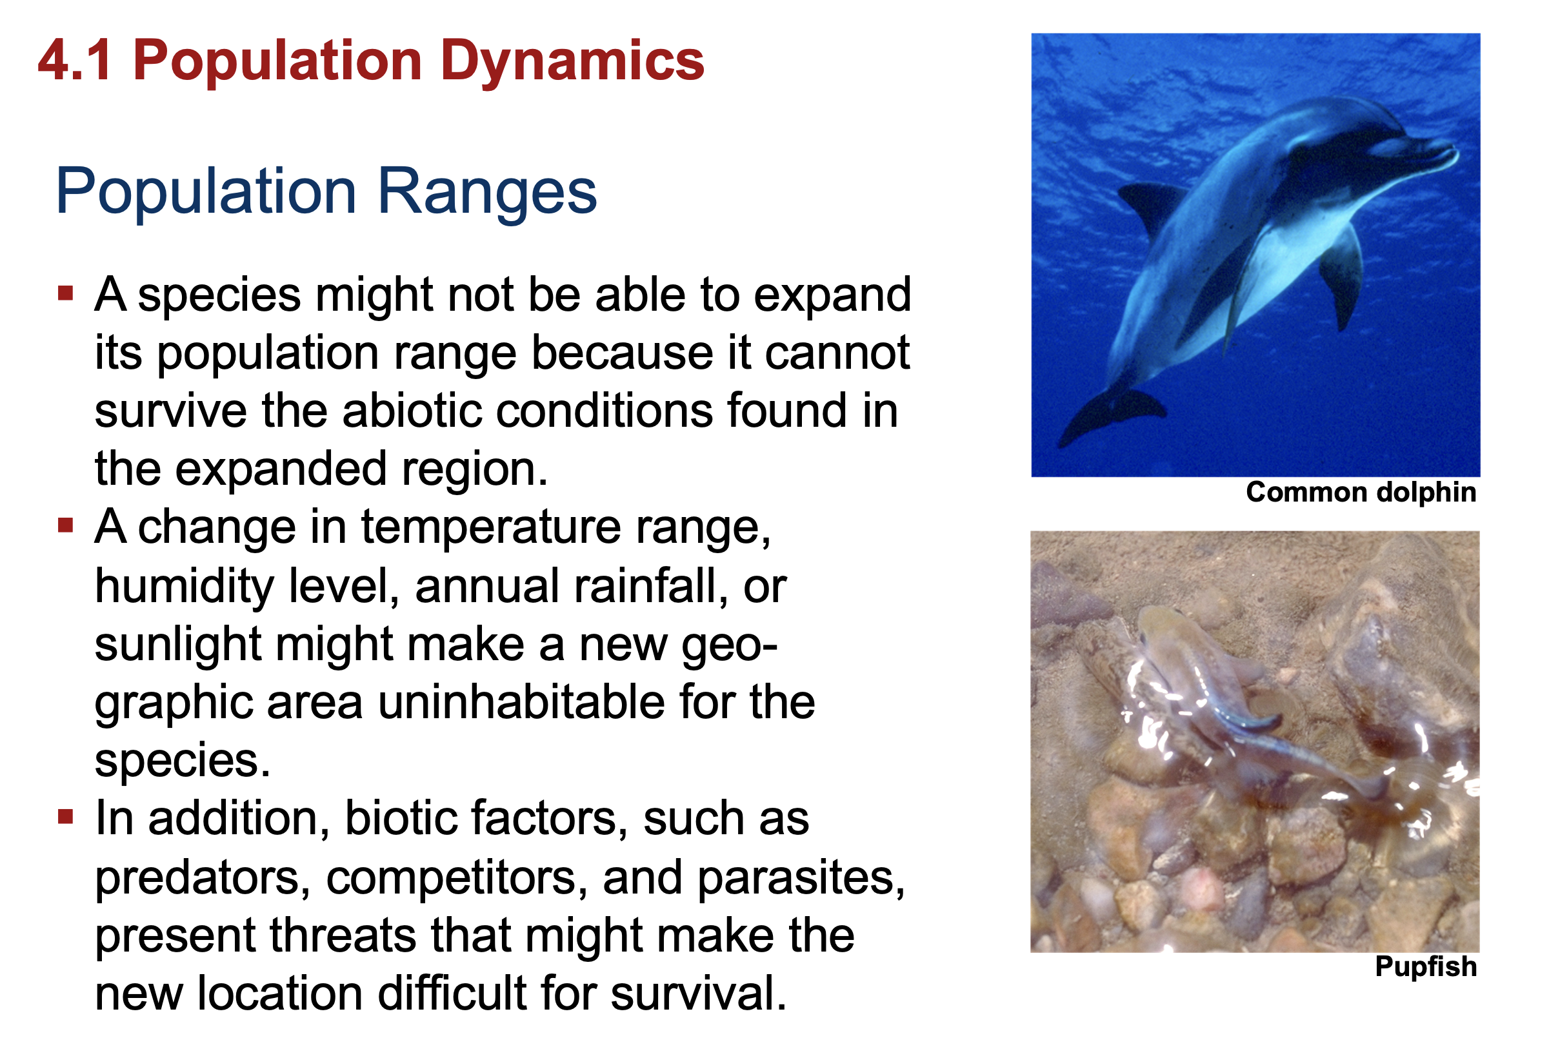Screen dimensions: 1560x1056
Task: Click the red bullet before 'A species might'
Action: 65,293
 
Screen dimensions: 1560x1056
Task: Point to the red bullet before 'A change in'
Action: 65,525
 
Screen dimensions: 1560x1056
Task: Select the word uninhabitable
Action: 521,703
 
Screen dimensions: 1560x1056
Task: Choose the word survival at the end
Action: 699,993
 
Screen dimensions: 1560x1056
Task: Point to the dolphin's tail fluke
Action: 1111,413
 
